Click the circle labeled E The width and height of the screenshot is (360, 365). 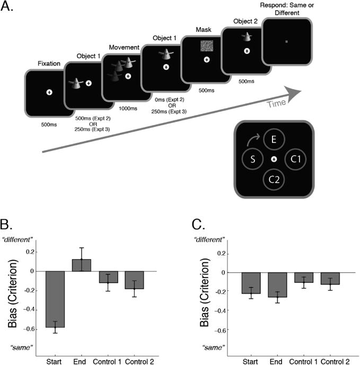click(x=274, y=140)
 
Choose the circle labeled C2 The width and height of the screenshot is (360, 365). click(x=274, y=180)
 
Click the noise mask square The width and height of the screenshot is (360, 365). click(x=206, y=45)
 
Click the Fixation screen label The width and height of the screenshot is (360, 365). click(x=49, y=64)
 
